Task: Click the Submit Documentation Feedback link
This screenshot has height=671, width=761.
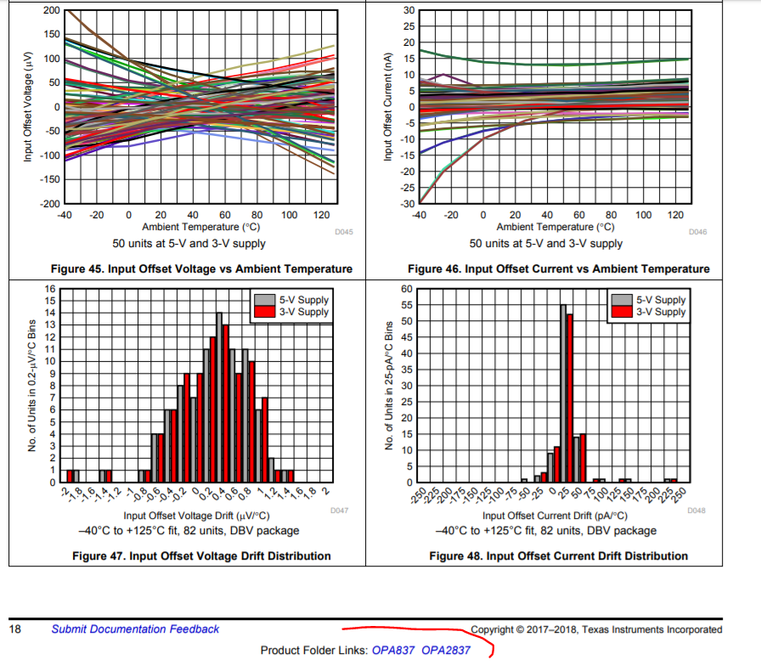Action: (135, 629)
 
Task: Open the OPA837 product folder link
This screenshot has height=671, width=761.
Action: (393, 651)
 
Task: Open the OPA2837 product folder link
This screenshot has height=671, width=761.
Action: (446, 651)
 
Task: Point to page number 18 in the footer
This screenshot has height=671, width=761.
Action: (14, 629)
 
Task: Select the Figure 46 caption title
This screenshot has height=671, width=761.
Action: (558, 269)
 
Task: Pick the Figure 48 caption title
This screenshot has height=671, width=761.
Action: (558, 556)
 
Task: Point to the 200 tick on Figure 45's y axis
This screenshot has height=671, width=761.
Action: (51, 9)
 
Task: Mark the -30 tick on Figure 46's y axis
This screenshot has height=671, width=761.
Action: (409, 204)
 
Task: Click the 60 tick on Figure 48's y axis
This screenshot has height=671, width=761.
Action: (407, 289)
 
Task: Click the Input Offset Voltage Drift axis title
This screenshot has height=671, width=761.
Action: (197, 516)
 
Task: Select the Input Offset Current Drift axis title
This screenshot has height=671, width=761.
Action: (555, 516)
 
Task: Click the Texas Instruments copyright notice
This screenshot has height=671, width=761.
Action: (596, 629)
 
